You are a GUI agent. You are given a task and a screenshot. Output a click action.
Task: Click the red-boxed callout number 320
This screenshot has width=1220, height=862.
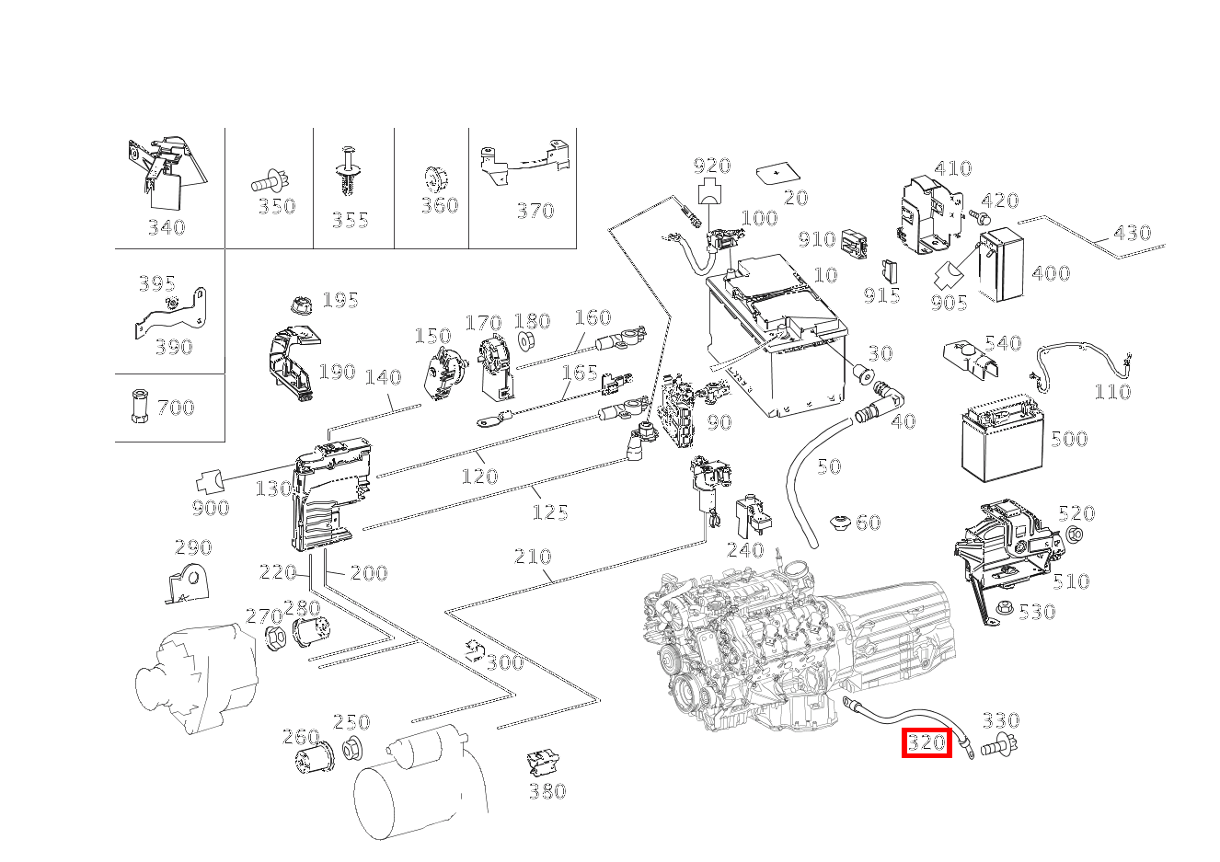926,742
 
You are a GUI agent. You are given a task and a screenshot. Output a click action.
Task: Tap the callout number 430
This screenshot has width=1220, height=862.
1132,232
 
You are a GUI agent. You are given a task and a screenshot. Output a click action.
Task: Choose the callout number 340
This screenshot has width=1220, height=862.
167,227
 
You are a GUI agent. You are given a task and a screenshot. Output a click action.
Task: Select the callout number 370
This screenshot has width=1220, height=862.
535,210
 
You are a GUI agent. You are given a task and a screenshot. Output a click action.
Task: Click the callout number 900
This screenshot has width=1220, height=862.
211,508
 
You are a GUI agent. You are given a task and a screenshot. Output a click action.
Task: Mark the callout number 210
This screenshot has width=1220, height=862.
533,556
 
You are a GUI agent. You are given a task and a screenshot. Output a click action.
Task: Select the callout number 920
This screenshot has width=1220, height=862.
711,166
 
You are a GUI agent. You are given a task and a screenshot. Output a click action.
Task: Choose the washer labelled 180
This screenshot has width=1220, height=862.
527,342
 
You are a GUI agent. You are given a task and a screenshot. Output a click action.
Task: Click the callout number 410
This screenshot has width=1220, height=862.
952,168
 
